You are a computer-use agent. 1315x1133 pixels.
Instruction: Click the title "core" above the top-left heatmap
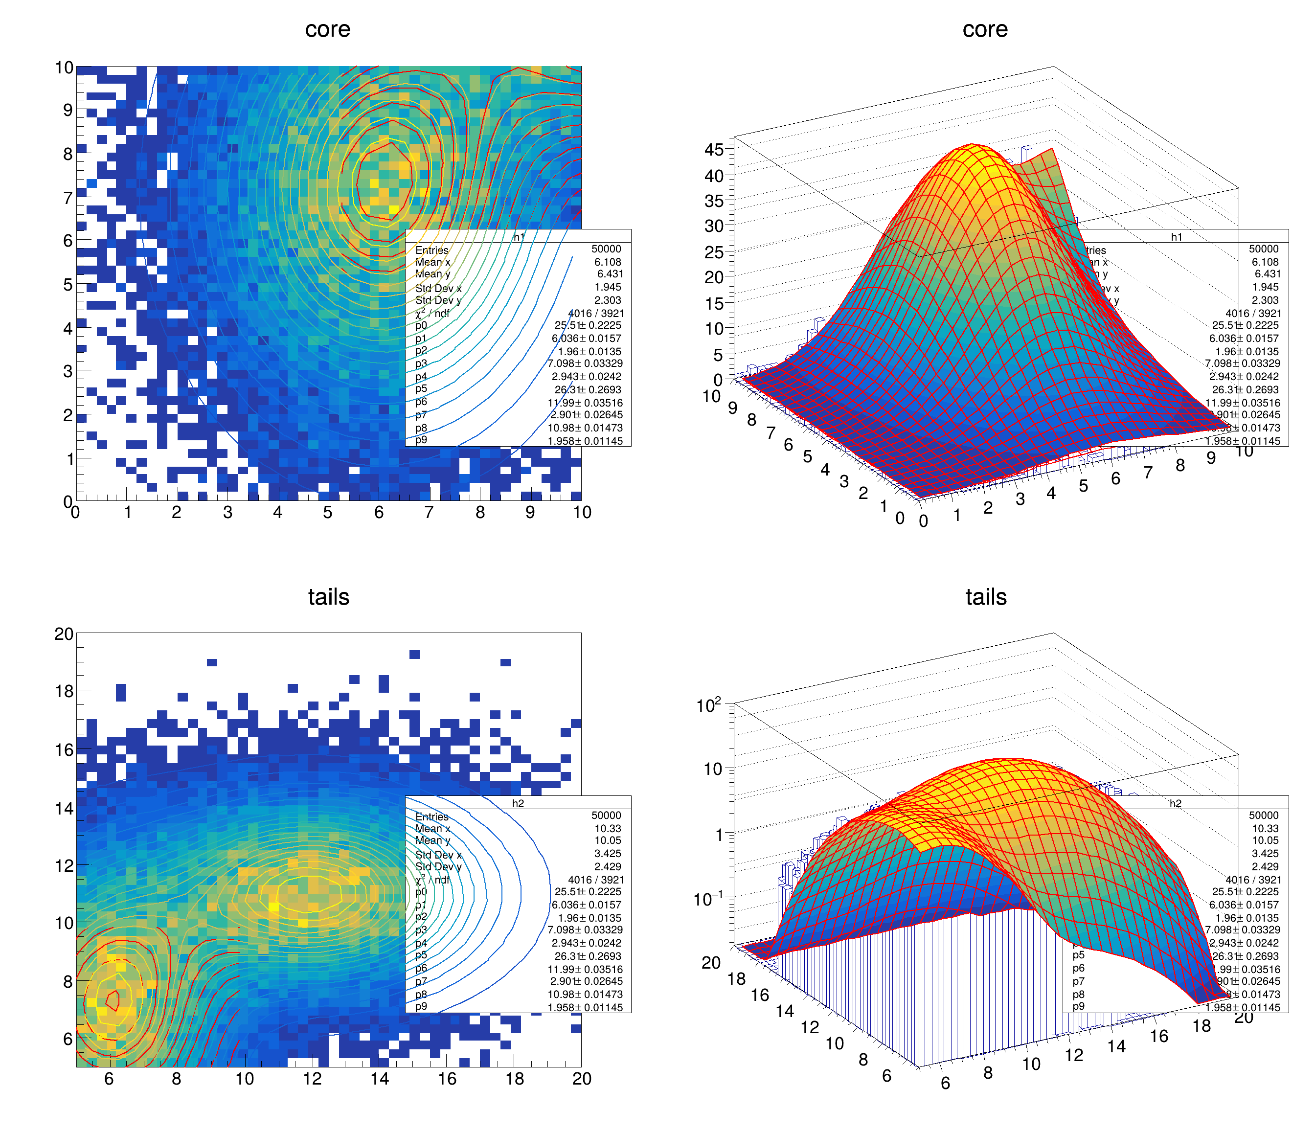[x=327, y=30]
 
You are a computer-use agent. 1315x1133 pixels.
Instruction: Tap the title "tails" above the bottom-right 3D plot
[x=986, y=597]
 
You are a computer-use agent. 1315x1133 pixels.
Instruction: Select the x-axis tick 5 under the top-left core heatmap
[x=327, y=512]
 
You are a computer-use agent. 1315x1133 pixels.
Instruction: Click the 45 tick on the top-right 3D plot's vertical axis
[x=714, y=150]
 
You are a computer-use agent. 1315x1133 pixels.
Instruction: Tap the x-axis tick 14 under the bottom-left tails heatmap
[x=380, y=1078]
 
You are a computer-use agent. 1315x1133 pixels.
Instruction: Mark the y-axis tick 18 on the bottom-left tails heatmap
[x=64, y=691]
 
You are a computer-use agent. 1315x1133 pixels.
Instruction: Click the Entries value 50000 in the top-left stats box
[x=606, y=249]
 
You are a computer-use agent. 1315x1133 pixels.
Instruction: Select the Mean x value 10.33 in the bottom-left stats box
[x=608, y=828]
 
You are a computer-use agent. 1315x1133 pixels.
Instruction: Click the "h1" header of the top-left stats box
[x=519, y=237]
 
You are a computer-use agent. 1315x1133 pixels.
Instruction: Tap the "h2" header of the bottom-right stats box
[x=1176, y=804]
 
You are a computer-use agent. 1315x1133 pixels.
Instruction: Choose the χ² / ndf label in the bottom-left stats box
[x=432, y=880]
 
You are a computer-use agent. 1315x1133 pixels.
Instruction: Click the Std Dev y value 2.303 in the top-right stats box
[x=1265, y=300]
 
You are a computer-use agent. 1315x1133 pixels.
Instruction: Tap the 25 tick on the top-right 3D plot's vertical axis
[x=714, y=252]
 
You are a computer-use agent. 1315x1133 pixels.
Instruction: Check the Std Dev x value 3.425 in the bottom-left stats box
[x=608, y=854]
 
